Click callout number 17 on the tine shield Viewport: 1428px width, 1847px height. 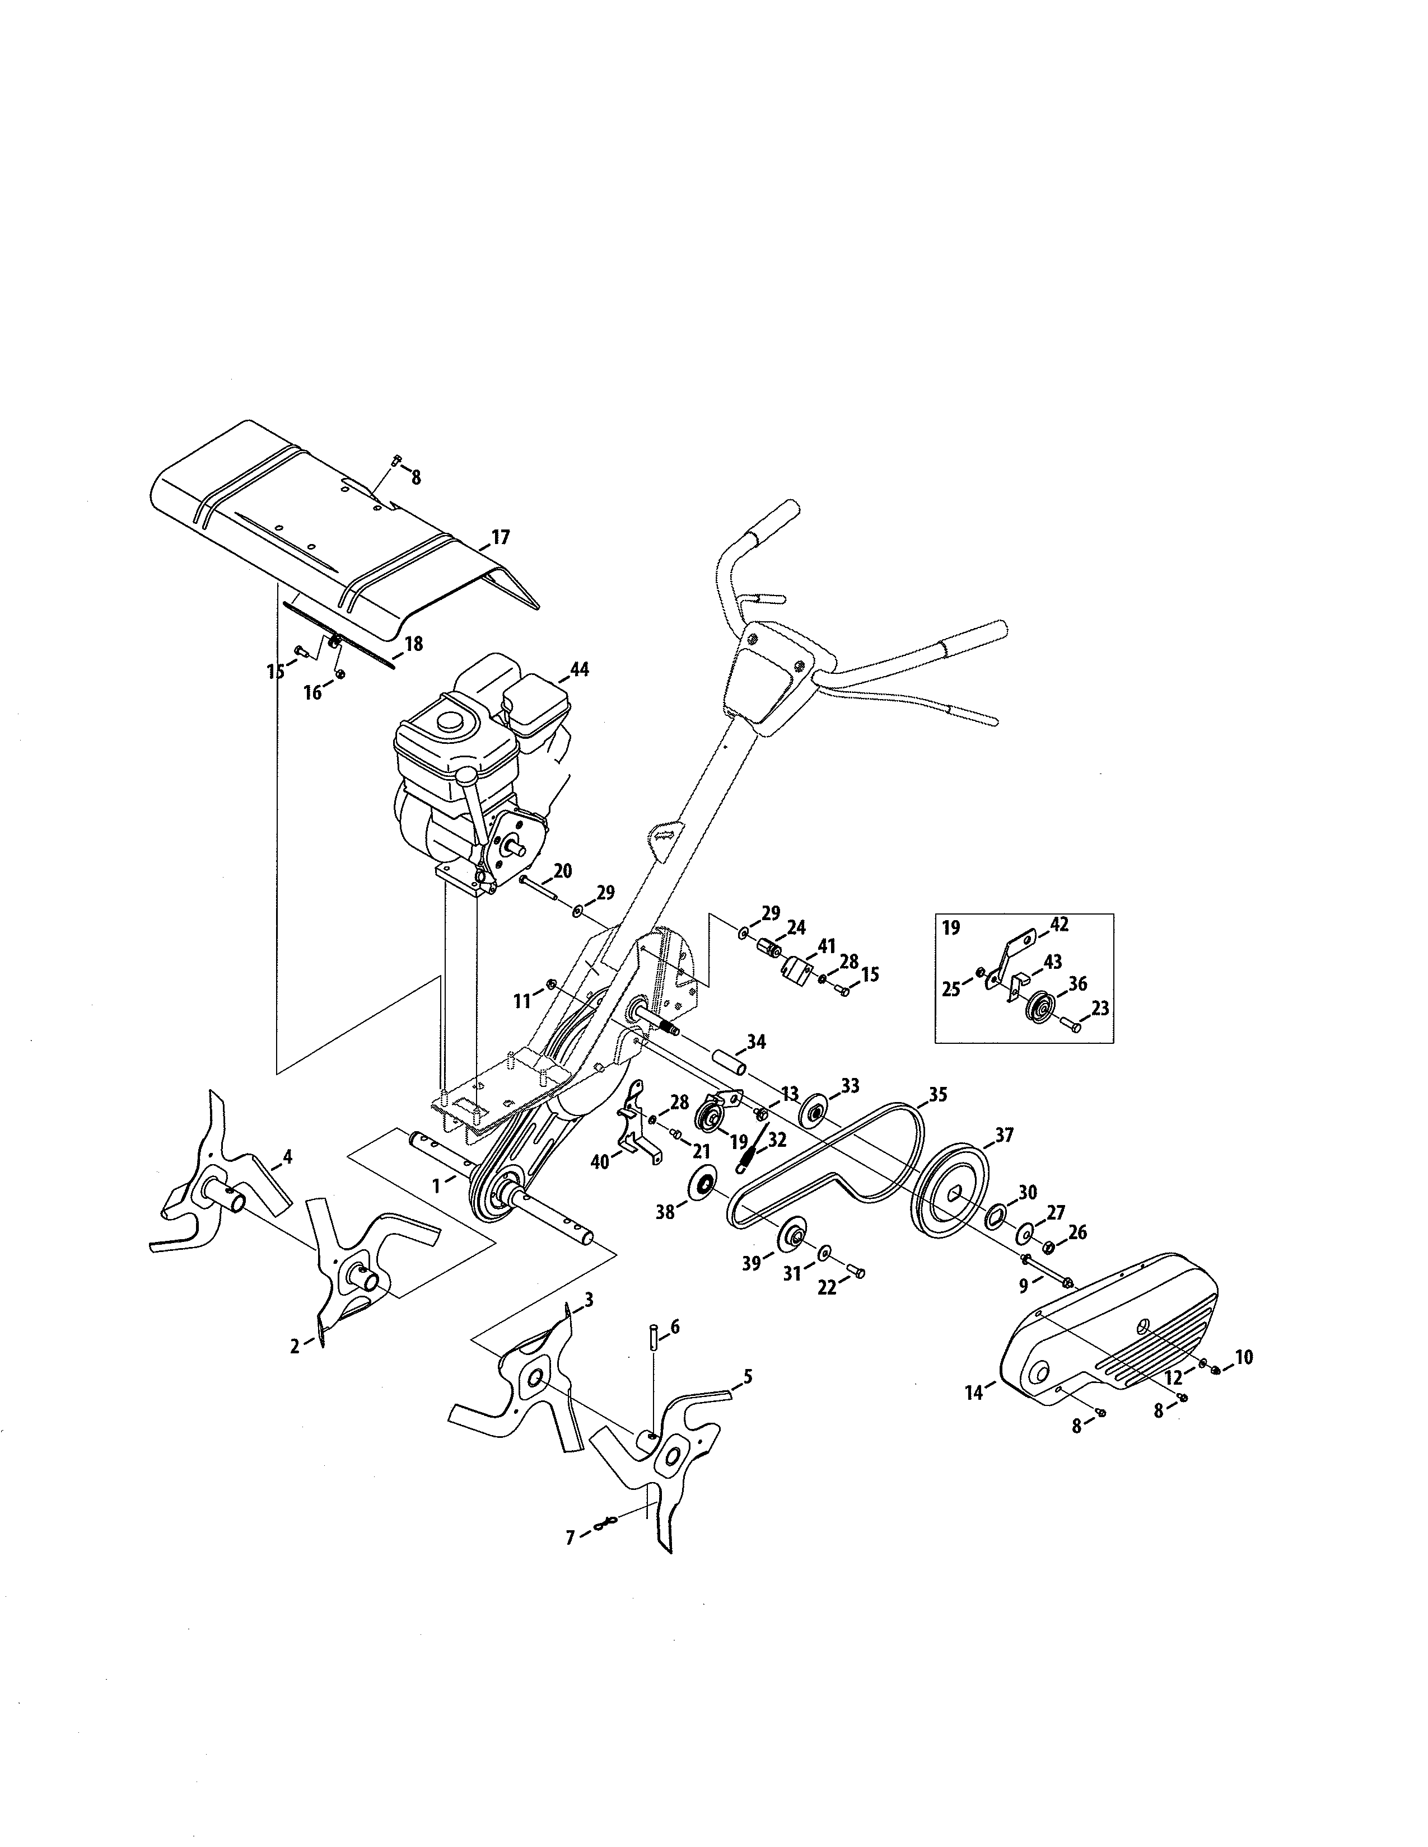coord(500,537)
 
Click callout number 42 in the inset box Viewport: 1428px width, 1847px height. coord(1059,925)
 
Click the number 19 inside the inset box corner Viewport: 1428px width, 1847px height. coord(951,928)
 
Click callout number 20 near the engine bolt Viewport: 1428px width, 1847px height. coord(563,870)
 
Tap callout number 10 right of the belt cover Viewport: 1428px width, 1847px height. coord(1243,1357)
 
